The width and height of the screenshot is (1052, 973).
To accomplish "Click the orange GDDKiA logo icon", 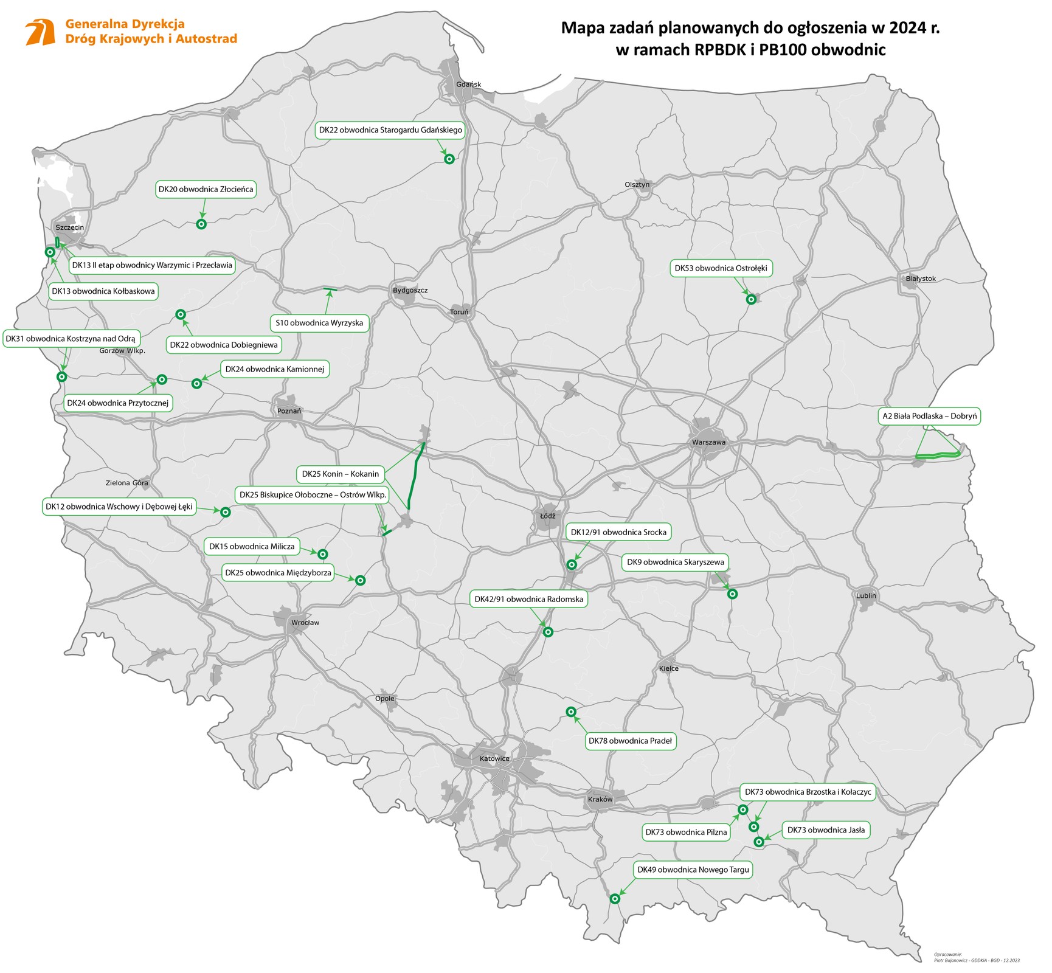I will (40, 32).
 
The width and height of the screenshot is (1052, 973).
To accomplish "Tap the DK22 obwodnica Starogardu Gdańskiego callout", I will (390, 130).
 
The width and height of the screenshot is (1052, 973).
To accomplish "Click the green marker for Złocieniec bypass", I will (201, 224).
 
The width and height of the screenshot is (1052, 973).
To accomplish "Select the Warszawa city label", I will (708, 442).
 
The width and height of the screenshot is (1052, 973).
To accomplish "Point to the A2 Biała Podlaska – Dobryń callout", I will (929, 417).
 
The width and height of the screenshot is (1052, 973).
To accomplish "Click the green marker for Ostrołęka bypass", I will (751, 299).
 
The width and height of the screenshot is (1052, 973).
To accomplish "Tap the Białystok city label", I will (920, 279).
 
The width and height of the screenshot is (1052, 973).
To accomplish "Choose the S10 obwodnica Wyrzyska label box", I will (319, 323).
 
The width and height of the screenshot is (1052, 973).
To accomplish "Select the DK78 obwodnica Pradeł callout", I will (630, 741).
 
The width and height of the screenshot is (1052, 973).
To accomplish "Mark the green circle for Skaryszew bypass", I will (732, 594).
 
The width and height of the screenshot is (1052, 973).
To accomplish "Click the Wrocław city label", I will (305, 623).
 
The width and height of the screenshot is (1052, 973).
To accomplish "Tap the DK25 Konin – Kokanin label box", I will (341, 474).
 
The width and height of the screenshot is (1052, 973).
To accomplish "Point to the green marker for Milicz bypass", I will (323, 554).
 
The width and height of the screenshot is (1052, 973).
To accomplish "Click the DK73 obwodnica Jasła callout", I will (825, 830).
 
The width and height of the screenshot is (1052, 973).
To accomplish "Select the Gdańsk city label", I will (468, 84).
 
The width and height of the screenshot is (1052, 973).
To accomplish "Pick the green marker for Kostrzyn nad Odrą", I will (61, 377).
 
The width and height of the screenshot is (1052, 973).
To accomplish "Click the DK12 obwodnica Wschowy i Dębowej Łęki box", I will (119, 507).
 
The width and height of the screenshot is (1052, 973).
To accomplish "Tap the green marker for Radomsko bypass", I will (548, 632).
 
